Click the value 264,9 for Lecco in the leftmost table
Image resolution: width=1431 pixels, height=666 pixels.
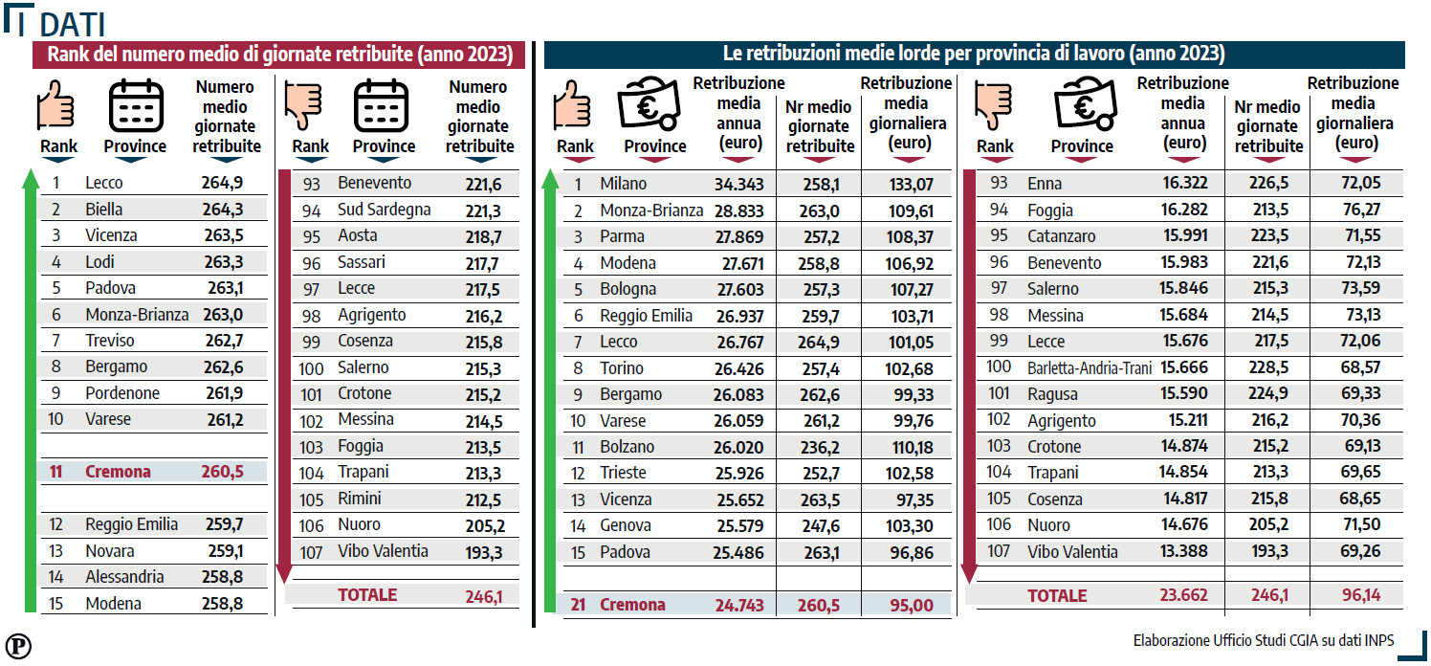point(222,183)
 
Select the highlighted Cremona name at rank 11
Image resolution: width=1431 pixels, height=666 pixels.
point(119,472)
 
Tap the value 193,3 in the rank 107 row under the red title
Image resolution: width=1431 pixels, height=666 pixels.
point(484,552)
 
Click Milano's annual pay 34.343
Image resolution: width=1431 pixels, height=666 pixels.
point(738,184)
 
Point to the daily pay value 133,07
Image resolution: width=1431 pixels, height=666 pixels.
point(911,184)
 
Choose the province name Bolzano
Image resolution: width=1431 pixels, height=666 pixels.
point(627,447)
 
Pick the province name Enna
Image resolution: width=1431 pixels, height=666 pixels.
point(1045,184)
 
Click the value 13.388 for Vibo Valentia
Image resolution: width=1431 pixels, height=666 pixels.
point(1184,551)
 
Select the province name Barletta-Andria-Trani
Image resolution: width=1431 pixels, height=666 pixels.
point(1090,368)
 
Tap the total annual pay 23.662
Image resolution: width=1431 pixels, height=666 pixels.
point(1184,595)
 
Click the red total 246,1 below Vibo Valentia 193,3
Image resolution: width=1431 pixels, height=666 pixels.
point(484,596)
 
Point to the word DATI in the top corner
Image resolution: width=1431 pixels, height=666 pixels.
point(72,24)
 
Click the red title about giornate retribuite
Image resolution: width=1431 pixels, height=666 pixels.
point(279,55)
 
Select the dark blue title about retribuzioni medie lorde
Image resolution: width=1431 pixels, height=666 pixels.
point(974,54)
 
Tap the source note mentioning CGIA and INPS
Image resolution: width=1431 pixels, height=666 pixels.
point(1264,640)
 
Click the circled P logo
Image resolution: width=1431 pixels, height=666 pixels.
point(18,646)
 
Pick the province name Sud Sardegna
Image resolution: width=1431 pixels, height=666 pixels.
point(384,210)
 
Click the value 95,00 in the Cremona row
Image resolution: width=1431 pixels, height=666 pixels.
point(912,605)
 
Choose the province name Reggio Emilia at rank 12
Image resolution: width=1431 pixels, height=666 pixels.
point(132,524)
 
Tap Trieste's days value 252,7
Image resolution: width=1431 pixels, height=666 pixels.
point(821,474)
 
